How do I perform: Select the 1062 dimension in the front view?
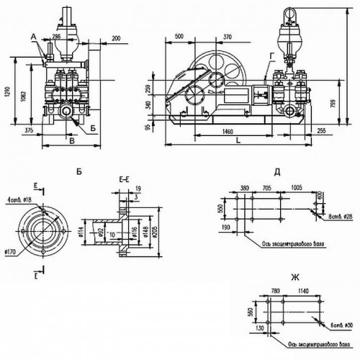(x=24, y=99)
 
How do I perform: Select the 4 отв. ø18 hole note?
(x=17, y=199)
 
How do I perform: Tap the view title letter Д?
(x=277, y=172)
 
